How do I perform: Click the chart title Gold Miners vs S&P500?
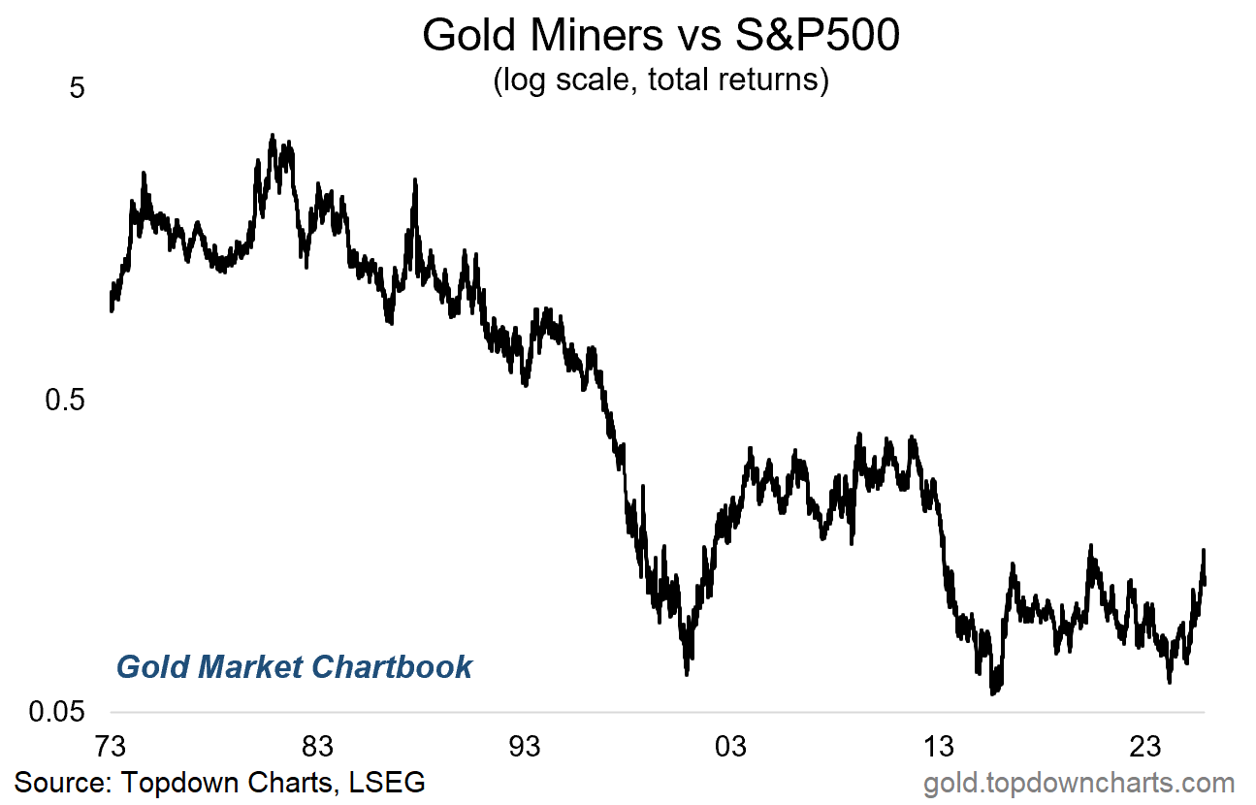coord(661,36)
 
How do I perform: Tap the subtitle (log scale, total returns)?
coord(661,79)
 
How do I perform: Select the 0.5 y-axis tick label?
coord(66,400)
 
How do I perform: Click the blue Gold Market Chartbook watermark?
coord(294,667)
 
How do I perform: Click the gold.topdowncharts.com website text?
coord(1079,783)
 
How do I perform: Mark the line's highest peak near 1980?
coord(273,137)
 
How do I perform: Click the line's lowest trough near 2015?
coord(992,692)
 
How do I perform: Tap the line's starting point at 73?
coord(112,309)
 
